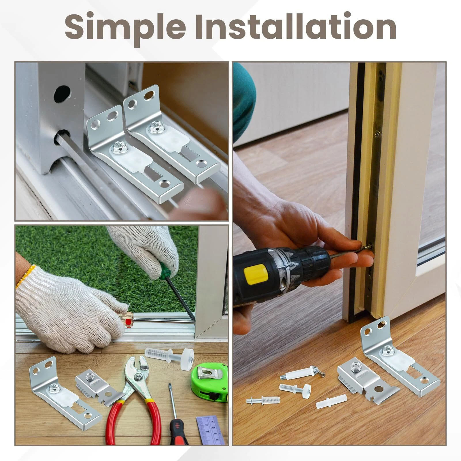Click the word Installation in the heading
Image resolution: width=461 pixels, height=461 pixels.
coord(295,25)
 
